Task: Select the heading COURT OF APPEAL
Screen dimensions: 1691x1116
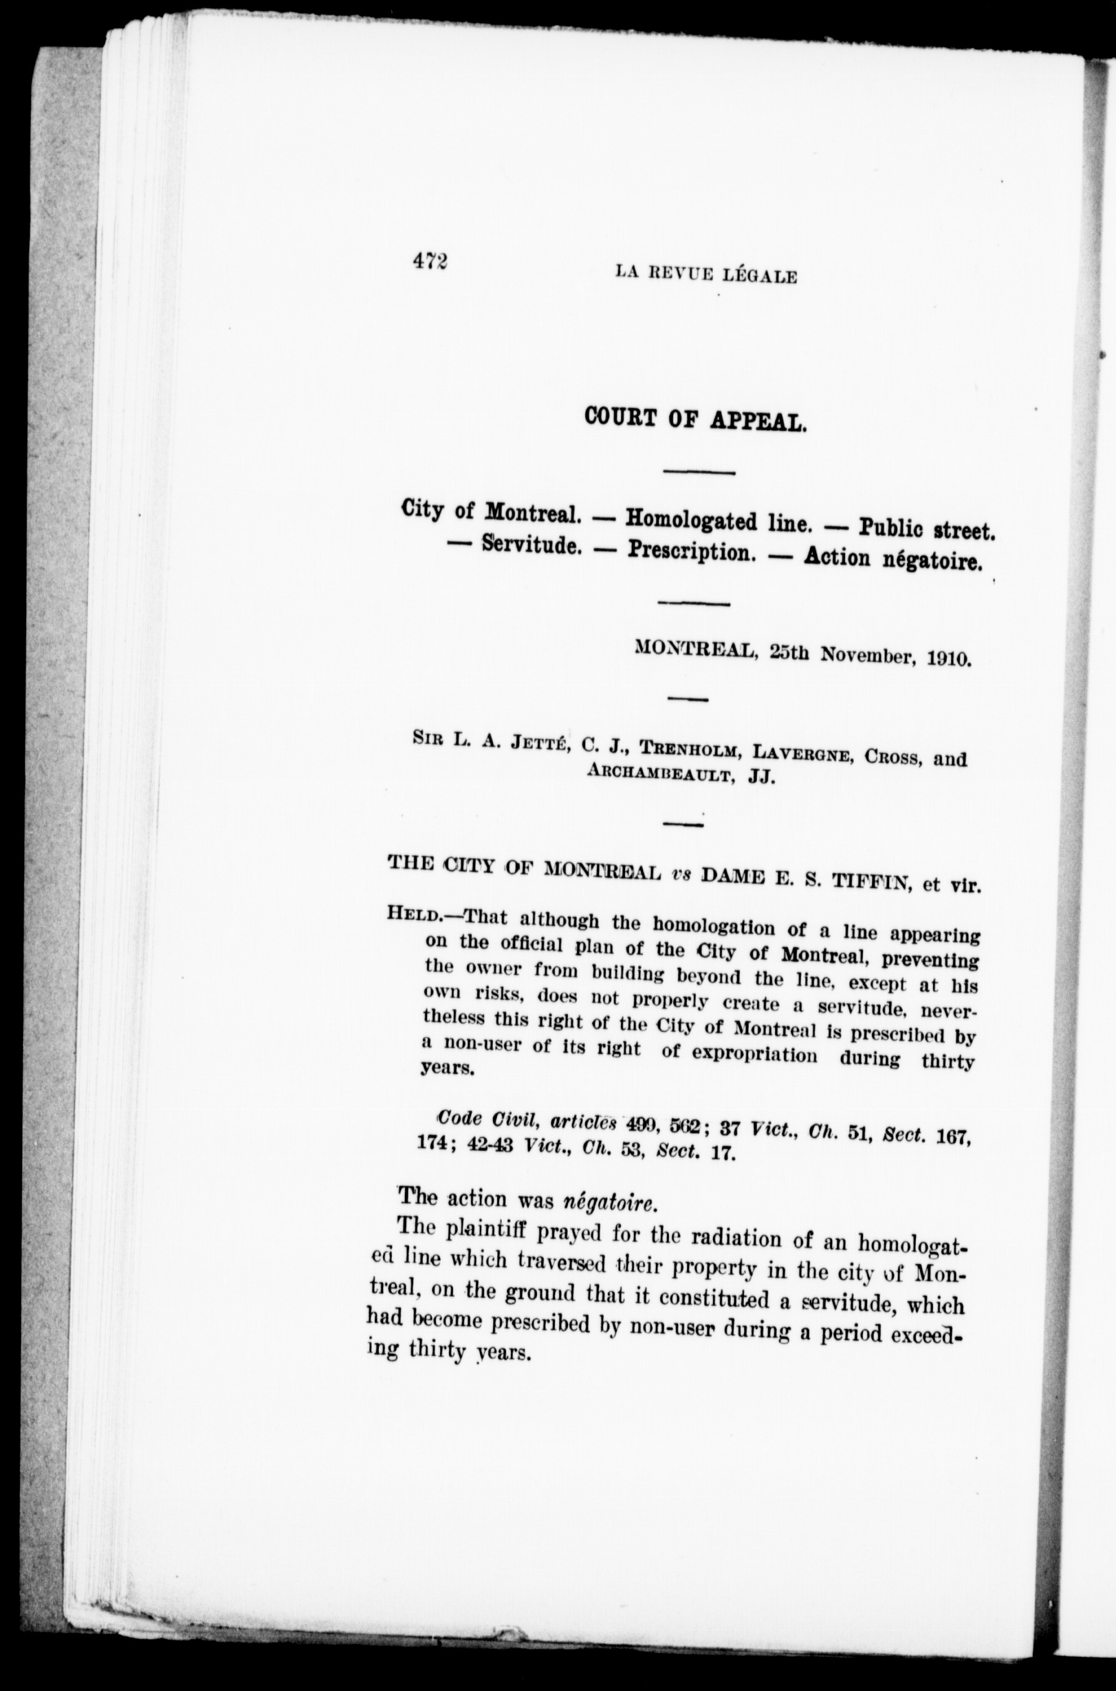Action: coord(696,419)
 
